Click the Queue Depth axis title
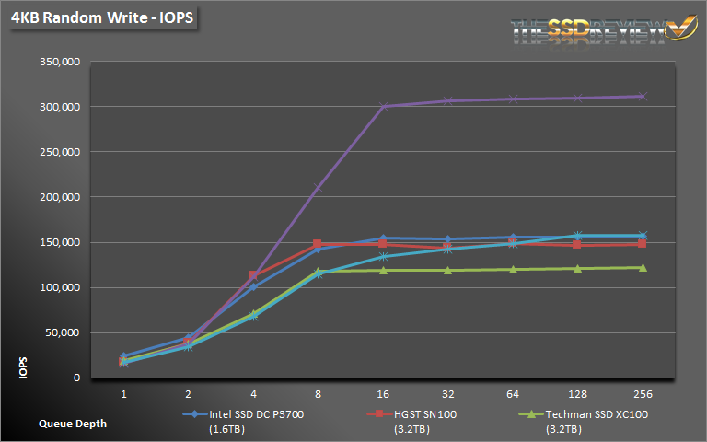click(x=71, y=424)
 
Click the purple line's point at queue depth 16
click(x=383, y=106)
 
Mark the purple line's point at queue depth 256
click(x=642, y=96)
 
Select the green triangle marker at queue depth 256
click(x=642, y=268)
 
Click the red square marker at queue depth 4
click(x=253, y=275)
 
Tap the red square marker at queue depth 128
click(x=577, y=244)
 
